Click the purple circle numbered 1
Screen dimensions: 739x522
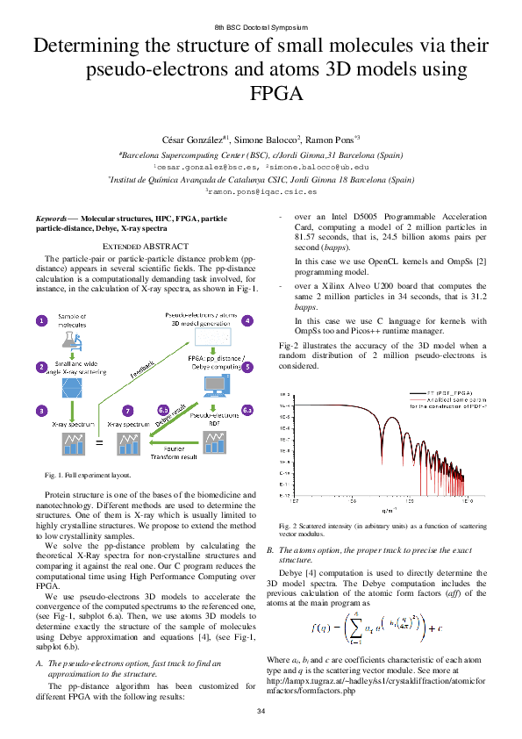(x=41, y=322)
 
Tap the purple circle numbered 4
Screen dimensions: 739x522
(x=247, y=320)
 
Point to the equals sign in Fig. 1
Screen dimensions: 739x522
(x=98, y=443)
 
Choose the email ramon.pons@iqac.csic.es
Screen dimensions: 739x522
(x=261, y=190)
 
